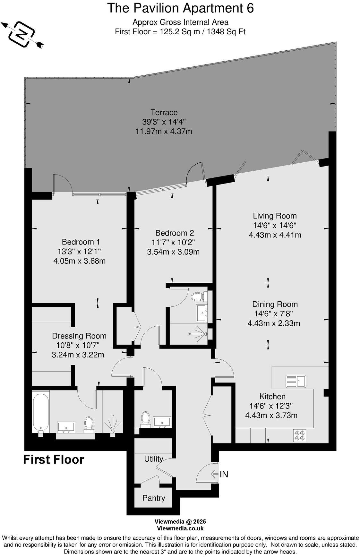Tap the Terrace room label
(x=164, y=112)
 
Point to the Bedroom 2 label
(x=175, y=233)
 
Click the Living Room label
(x=275, y=216)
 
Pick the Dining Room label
(x=275, y=304)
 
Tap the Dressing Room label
(x=79, y=336)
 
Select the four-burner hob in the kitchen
(x=299, y=435)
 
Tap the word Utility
(x=153, y=459)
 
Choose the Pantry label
(x=154, y=498)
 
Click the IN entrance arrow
(x=220, y=474)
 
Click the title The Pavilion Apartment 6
(x=180, y=8)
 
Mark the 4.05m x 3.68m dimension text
(x=79, y=261)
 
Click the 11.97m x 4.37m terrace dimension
(x=164, y=131)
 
